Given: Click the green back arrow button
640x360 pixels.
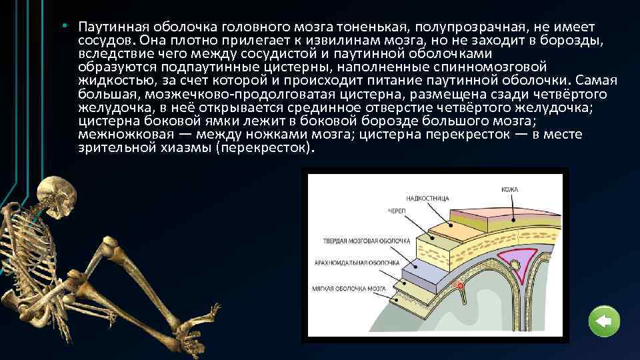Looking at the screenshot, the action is click(x=605, y=323).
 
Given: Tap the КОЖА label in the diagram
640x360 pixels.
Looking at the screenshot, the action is click(x=510, y=190).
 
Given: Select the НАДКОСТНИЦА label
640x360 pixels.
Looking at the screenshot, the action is click(x=427, y=198).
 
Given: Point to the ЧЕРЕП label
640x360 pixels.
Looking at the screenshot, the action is click(x=399, y=211).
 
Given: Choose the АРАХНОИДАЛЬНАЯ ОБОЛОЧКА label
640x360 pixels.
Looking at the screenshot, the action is click(x=356, y=263).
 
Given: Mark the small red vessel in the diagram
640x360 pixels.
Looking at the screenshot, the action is click(x=460, y=286).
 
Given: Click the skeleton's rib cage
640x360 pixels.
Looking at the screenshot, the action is click(x=30, y=250).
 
